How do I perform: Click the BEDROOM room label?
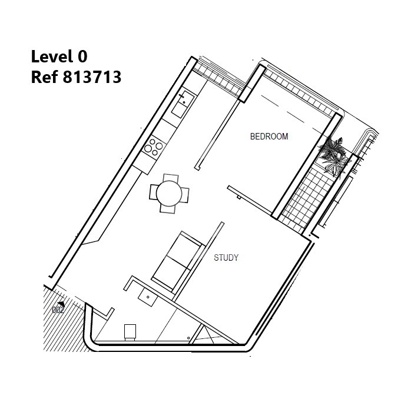(x=269, y=137)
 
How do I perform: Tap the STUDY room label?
(x=226, y=258)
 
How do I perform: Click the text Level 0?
(x=59, y=56)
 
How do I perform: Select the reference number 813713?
(x=92, y=77)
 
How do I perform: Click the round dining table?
(x=169, y=194)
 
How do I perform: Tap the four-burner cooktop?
(x=154, y=147)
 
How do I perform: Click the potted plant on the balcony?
(x=333, y=157)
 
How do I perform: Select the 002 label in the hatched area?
(x=58, y=310)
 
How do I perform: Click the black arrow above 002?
(x=61, y=304)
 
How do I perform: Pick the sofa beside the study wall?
(x=177, y=261)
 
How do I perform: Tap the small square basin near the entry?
(x=148, y=297)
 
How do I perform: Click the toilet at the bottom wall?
(x=130, y=332)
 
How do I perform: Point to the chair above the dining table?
(x=171, y=179)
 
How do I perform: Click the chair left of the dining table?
(x=154, y=192)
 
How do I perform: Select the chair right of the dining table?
(x=185, y=195)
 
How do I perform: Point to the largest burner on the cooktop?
(x=148, y=148)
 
